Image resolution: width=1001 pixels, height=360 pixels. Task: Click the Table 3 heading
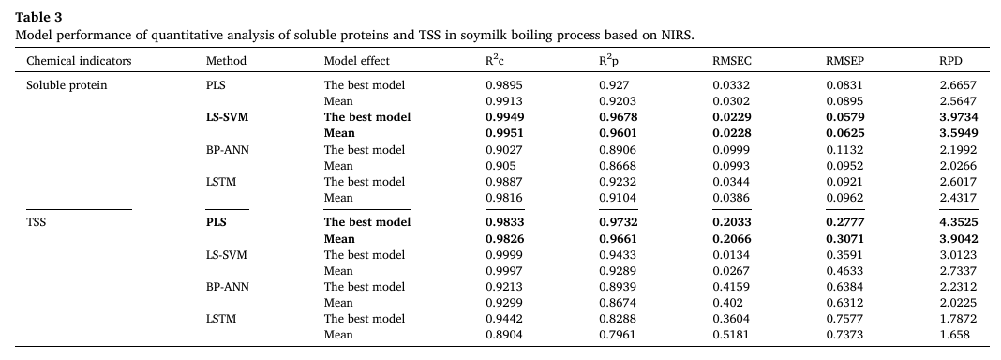pos(38,17)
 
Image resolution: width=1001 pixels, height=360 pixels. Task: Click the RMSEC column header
pos(732,61)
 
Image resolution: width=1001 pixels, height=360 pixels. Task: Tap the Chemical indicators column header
pos(79,61)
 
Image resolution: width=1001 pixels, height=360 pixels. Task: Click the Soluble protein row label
pos(67,85)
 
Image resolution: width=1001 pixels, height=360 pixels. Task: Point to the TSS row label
pos(37,222)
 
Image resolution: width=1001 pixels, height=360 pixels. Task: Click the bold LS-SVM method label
pos(227,117)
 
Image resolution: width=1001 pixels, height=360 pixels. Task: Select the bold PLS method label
pos(216,222)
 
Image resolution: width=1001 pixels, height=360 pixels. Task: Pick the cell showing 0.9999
pos(503,255)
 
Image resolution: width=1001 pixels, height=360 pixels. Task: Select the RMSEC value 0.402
pos(727,303)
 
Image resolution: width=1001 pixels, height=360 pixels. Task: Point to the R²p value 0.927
pos(614,85)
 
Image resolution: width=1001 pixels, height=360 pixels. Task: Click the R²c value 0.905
pos(500,166)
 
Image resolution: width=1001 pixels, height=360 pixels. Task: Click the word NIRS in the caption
pos(676,36)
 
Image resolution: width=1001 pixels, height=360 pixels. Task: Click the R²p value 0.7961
pos(617,335)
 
